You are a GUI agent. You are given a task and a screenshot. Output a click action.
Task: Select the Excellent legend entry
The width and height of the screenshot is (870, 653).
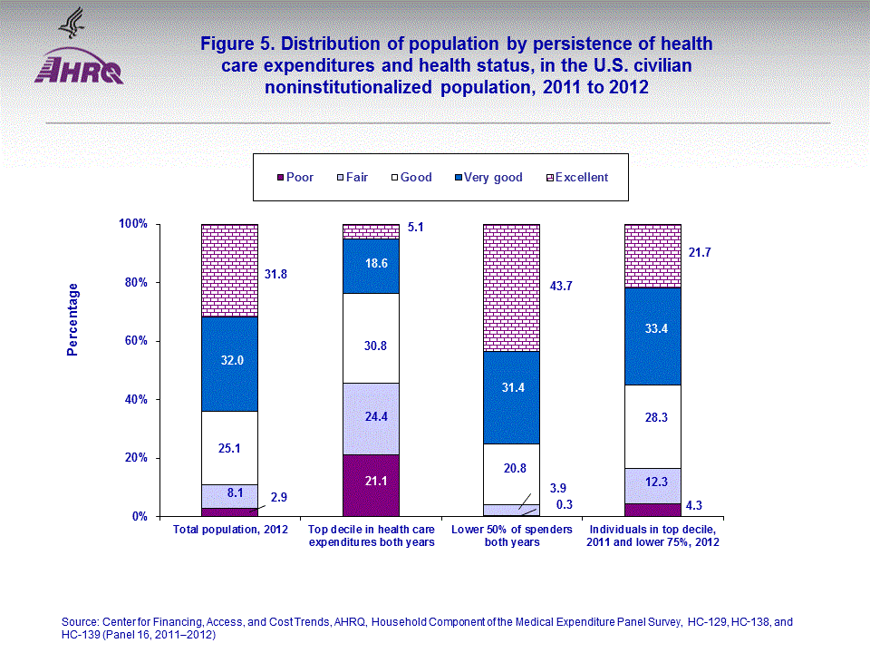tap(581, 178)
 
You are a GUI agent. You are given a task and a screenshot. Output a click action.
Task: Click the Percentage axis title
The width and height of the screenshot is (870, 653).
tap(72, 319)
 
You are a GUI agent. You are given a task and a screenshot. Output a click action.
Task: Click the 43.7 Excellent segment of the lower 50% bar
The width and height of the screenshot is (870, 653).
tap(511, 288)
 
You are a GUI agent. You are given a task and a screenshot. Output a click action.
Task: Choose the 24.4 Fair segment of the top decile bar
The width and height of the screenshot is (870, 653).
tap(371, 418)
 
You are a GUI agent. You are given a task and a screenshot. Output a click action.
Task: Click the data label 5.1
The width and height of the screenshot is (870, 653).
tap(417, 229)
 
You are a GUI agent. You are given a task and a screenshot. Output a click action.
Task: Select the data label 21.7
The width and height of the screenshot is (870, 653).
tap(700, 253)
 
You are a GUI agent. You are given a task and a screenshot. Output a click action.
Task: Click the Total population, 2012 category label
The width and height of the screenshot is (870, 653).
tap(230, 529)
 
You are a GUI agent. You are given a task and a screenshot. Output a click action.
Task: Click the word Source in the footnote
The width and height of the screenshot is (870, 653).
tap(80, 622)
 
